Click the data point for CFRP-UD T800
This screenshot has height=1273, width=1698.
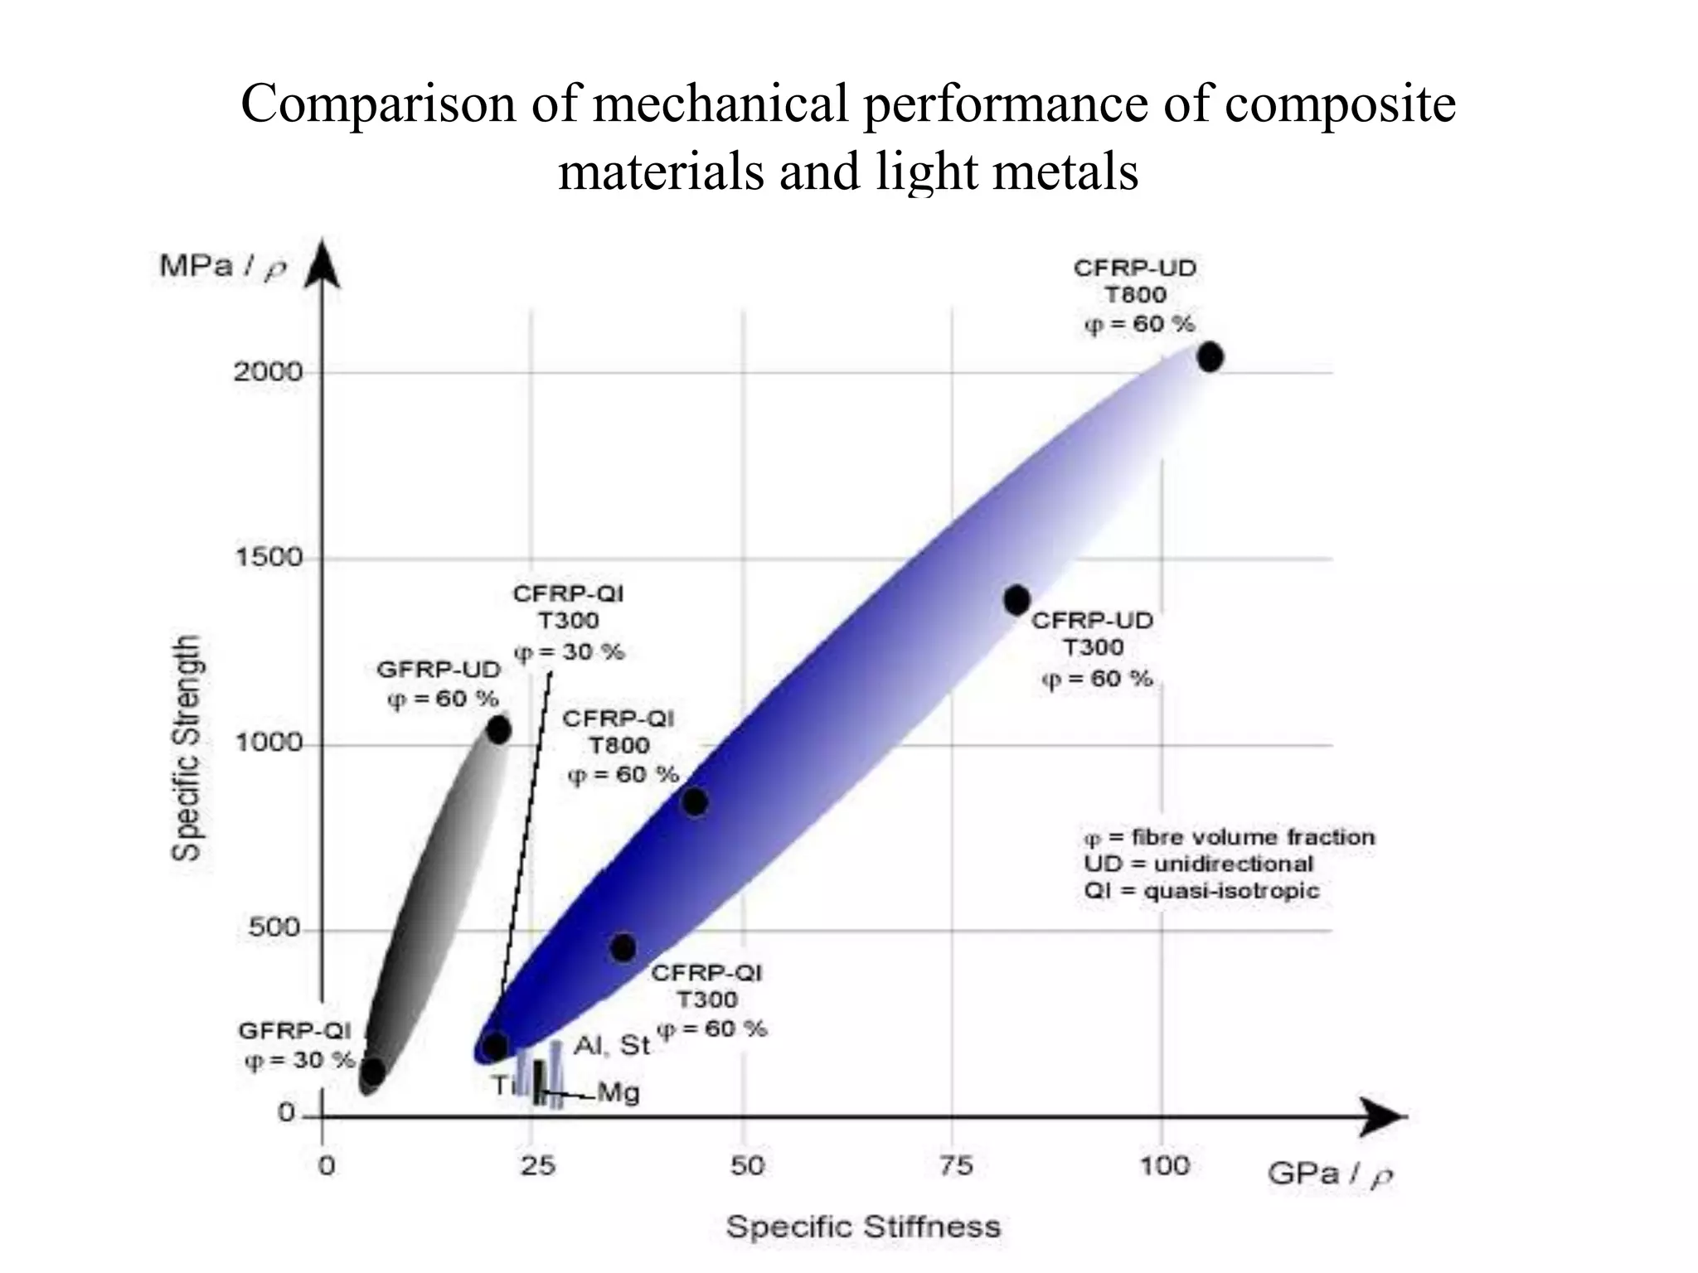tap(1210, 357)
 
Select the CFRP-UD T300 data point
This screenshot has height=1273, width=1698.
tap(1017, 599)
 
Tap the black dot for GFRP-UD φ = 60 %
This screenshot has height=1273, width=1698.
tap(498, 730)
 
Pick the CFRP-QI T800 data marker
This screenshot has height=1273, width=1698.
tap(695, 801)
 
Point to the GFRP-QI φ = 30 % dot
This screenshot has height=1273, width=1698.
tap(373, 1072)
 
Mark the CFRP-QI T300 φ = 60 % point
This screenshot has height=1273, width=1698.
tap(623, 947)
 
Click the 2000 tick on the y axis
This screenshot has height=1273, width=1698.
tap(268, 371)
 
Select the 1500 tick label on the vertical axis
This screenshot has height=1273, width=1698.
tap(268, 557)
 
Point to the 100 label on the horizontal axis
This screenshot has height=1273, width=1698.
tap(1164, 1166)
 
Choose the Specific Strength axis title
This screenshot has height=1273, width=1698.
tap(187, 748)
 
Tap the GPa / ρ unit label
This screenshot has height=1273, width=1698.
tap(1329, 1174)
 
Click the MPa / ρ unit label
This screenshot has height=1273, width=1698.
tap(222, 267)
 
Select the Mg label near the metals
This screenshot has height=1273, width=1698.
tap(619, 1093)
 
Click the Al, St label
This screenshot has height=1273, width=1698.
tap(612, 1046)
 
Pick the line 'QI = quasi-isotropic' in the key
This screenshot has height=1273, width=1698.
tap(1201, 891)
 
